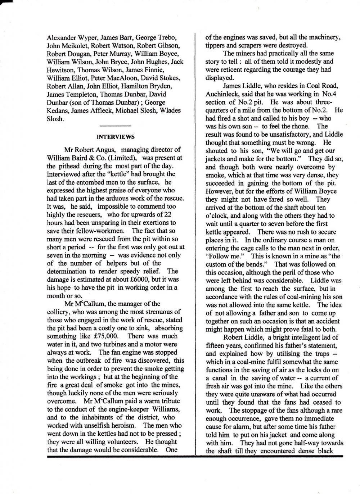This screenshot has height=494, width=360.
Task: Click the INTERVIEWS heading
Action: click(115, 137)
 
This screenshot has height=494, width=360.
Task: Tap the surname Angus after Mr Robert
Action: click(107, 150)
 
